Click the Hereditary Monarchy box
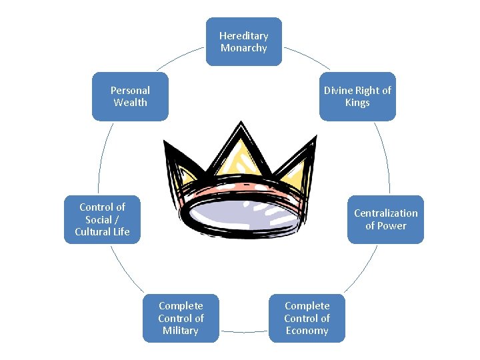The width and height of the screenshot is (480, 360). tap(243, 42)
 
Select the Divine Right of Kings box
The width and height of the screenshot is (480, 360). tap(357, 96)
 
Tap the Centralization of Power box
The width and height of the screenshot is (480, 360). tap(385, 219)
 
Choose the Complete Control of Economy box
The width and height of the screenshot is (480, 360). tap(307, 318)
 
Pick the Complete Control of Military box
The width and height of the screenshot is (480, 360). tap(181, 318)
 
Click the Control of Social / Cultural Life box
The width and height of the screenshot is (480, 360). tap(102, 219)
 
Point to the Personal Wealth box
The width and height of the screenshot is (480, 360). tap(130, 96)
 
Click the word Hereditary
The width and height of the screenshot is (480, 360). tap(243, 36)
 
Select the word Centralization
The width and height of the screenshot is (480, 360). tap(386, 213)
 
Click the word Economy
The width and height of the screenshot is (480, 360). tap(307, 331)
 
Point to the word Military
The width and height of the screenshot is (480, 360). tap(181, 331)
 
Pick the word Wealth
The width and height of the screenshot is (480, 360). tap(130, 103)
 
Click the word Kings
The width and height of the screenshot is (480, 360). tap(357, 103)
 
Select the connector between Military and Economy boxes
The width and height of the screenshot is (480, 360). tap(243, 331)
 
